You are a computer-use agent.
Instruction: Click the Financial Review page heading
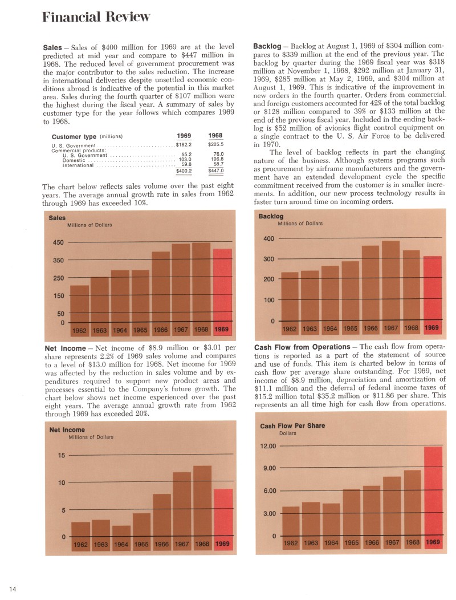click(x=96, y=17)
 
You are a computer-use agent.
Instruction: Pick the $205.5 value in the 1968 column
click(x=215, y=145)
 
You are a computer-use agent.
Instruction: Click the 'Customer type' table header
click(x=74, y=137)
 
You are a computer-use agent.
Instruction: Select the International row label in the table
click(x=78, y=165)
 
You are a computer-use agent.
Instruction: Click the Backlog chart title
click(x=271, y=217)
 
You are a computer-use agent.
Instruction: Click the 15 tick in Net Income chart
click(x=62, y=455)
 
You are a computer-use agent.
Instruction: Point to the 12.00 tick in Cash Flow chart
click(x=268, y=446)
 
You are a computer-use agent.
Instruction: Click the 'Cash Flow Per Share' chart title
click(x=292, y=426)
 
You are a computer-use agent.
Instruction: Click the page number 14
click(x=12, y=588)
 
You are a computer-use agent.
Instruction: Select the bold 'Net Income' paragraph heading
click(x=64, y=347)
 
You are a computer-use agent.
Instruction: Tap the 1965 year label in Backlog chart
click(x=350, y=328)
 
